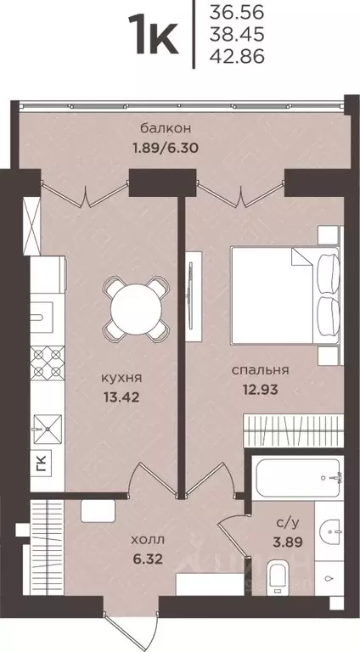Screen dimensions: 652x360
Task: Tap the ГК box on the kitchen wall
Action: point(42,463)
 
